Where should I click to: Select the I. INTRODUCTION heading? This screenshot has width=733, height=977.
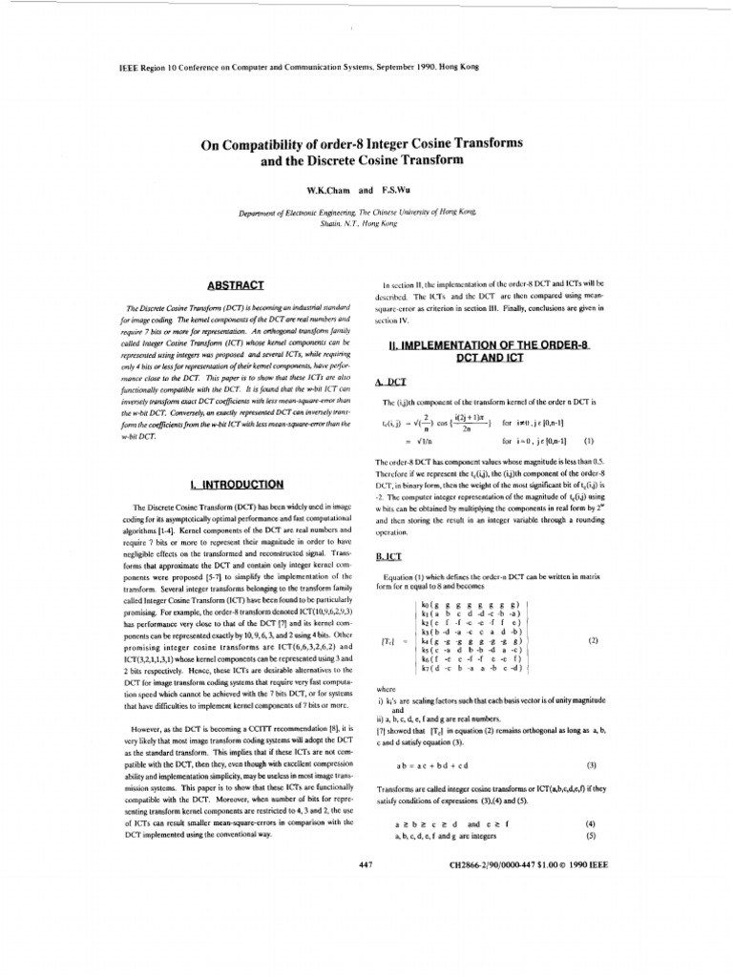point(227,486)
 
